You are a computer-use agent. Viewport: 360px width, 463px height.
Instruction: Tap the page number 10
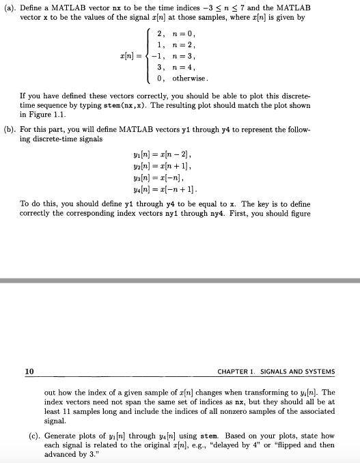[x=29, y=371]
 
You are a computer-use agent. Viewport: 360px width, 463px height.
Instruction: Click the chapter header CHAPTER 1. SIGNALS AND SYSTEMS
[x=276, y=372]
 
